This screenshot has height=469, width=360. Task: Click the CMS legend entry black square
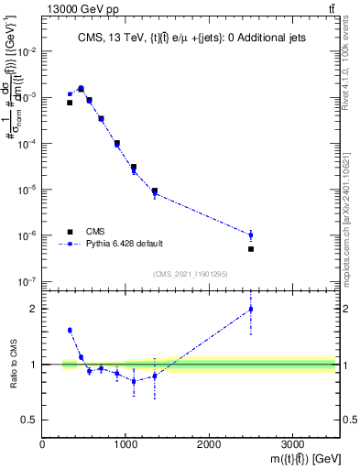[x=70, y=232]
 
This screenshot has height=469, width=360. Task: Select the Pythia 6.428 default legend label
[x=124, y=245]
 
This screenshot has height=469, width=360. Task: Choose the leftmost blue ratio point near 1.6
[x=70, y=330]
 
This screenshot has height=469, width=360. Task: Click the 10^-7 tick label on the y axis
[x=27, y=282]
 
